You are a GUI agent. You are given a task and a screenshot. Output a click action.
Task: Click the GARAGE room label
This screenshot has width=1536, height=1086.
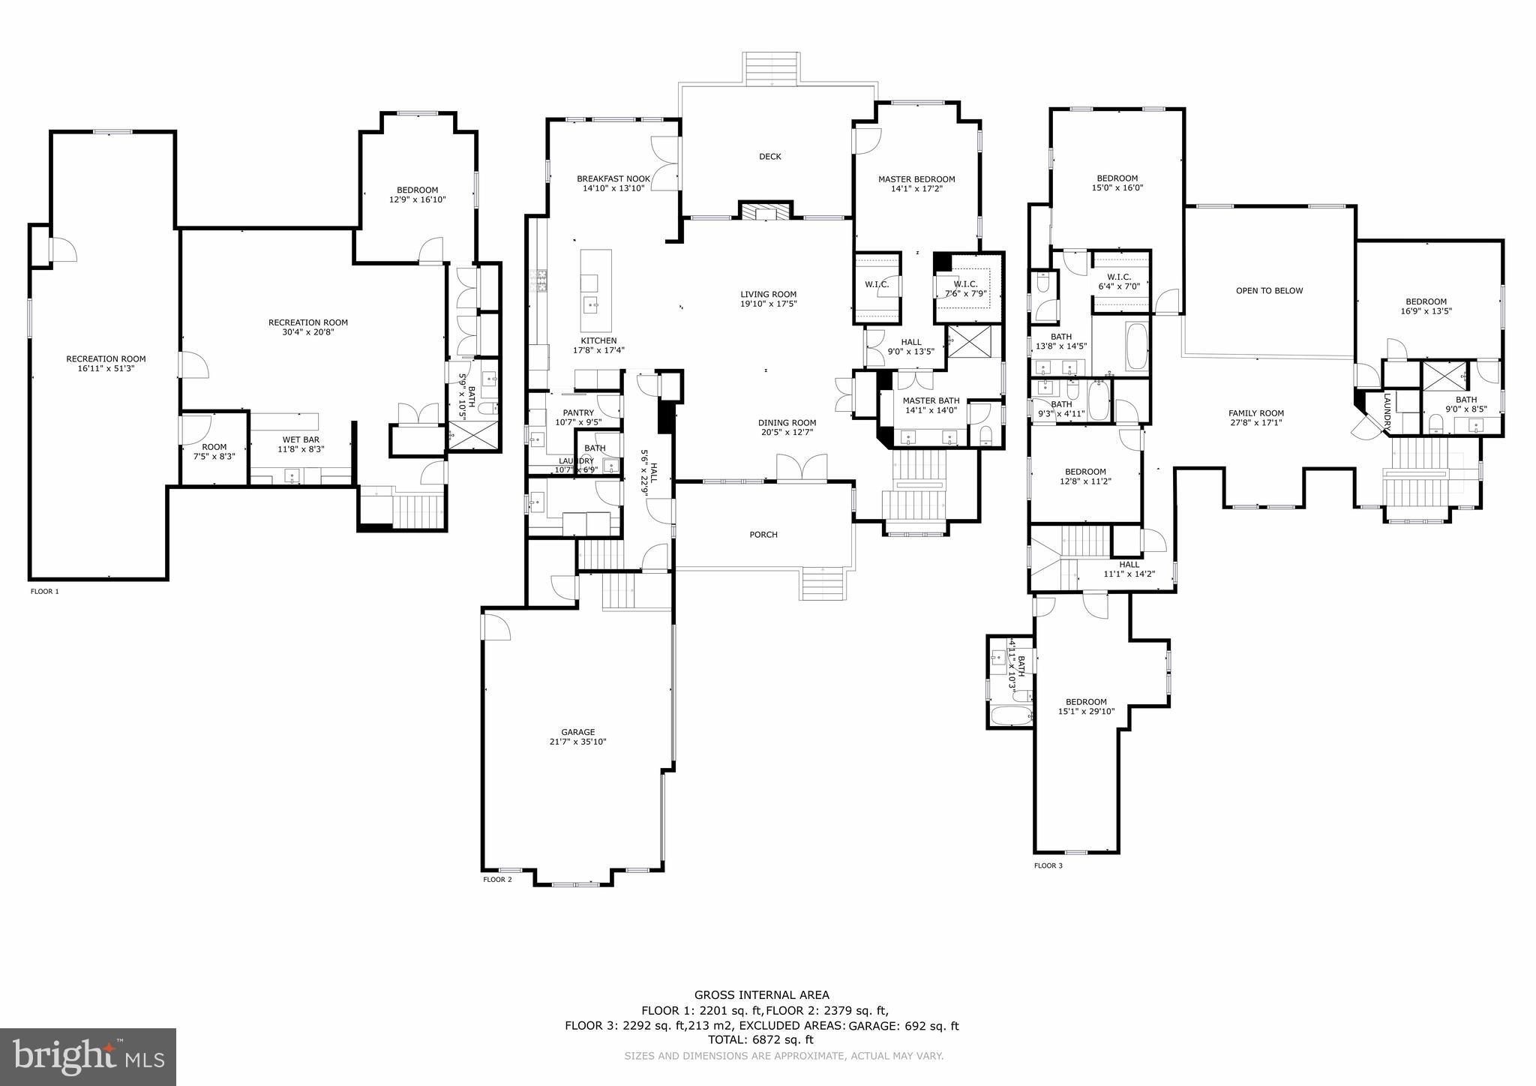coord(577,732)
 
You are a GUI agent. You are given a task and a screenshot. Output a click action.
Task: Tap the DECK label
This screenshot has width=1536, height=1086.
coord(769,157)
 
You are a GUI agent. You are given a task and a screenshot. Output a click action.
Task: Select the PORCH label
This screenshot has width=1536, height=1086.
coord(763,535)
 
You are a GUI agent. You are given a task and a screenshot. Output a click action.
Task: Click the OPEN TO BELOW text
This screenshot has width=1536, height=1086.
coord(1269,291)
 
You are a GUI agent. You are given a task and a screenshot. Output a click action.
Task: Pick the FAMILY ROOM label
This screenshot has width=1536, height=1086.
coord(1255,413)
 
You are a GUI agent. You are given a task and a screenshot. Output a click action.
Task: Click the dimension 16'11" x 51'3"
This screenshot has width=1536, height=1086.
coord(106,369)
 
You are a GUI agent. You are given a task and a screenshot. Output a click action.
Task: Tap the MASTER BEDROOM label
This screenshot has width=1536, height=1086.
coord(916,179)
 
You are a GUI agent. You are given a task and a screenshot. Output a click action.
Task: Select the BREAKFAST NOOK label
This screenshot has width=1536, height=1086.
coord(613,178)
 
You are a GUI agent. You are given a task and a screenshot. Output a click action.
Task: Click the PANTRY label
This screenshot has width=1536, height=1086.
coord(578,413)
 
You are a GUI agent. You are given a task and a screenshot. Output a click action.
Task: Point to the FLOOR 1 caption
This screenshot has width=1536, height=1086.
coord(44,592)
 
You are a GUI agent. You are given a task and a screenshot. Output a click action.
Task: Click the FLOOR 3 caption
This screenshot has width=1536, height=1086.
coord(1048,865)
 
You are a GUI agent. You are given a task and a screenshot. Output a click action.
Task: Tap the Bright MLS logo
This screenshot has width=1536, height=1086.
coord(88,1057)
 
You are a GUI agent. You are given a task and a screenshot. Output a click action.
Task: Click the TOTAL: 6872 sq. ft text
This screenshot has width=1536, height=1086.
coord(760,1040)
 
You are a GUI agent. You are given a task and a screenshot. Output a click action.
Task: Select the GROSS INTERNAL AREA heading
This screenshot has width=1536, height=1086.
coord(761,995)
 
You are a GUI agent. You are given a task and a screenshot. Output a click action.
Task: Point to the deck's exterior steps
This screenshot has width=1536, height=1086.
coord(771,69)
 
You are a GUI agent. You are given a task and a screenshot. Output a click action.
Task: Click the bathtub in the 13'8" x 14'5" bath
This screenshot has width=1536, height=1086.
coord(1136,346)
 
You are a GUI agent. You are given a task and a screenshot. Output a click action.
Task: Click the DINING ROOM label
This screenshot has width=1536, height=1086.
coord(787,423)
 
